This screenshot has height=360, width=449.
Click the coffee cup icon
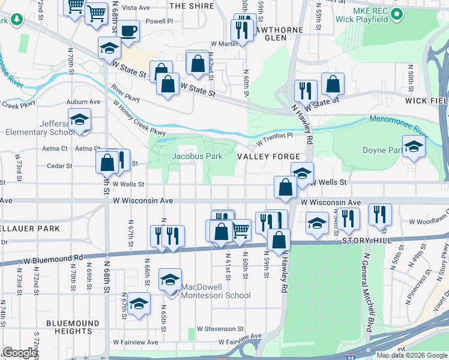[128, 31]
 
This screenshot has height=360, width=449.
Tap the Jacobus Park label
[197, 156]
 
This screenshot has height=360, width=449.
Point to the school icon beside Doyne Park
[414, 147]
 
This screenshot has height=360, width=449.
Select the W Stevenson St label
[220, 329]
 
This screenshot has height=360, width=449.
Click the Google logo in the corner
[20, 353]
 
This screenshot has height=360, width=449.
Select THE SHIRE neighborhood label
[191, 5]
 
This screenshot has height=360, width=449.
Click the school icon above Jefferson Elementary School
[79, 120]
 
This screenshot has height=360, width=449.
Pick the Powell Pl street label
[158, 20]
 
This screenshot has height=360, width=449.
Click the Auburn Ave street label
[83, 102]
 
